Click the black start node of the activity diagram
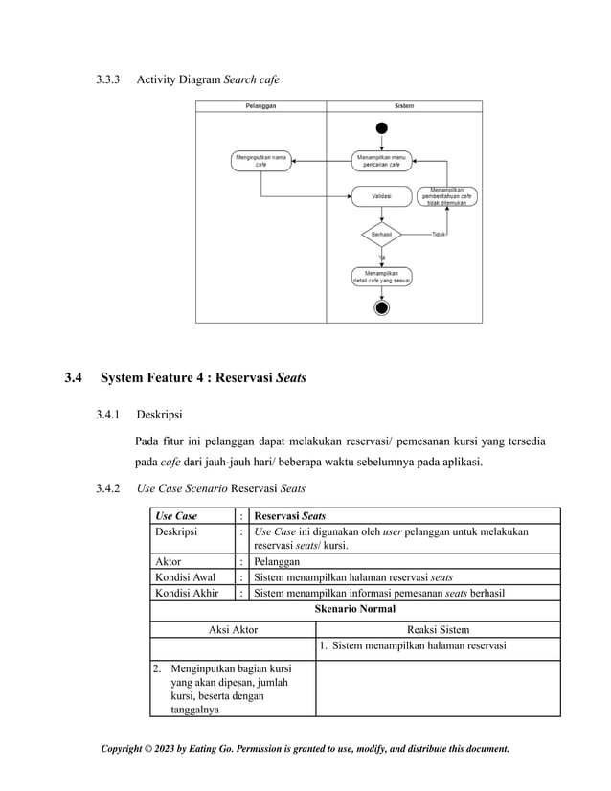(x=382, y=128)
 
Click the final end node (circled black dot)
(x=382, y=307)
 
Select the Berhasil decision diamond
(x=381, y=234)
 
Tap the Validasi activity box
(x=381, y=197)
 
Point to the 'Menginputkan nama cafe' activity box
(x=260, y=160)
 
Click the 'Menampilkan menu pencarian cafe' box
(x=381, y=160)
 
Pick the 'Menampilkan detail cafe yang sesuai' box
(x=381, y=277)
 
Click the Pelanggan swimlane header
(x=260, y=106)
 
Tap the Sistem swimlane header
(x=404, y=106)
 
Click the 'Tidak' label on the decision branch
(x=439, y=234)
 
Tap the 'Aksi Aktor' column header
(x=233, y=629)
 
